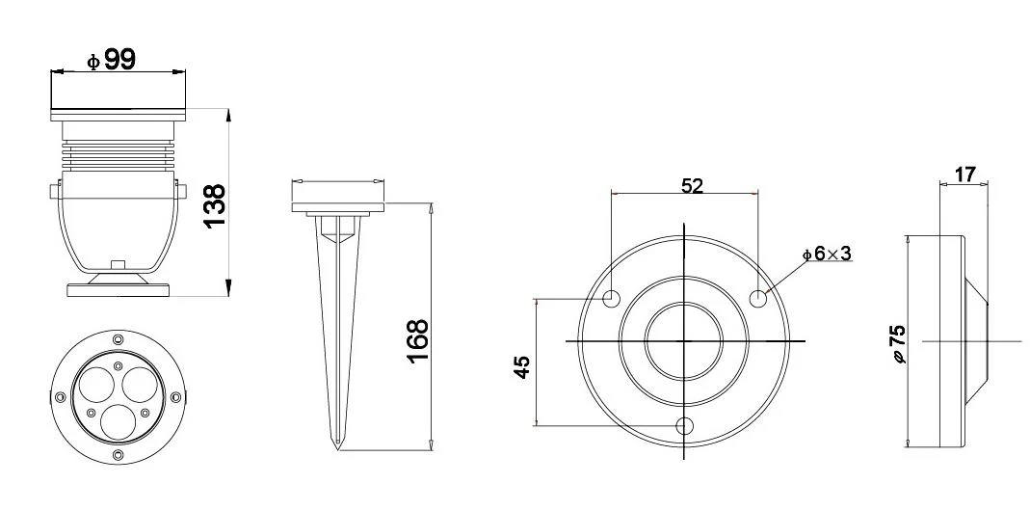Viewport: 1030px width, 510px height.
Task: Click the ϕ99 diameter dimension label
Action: tap(111, 61)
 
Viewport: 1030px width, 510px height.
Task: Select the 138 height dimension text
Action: tap(216, 205)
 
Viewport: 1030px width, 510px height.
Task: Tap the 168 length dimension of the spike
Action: tap(417, 340)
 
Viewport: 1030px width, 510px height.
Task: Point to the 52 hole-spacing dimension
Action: tap(692, 186)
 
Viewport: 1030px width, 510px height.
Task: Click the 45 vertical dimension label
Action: tap(521, 366)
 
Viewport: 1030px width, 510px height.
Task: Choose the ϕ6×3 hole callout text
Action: tap(827, 253)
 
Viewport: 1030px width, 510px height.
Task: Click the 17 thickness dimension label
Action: tap(964, 174)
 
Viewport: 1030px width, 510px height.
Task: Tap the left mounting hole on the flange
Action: tap(612, 298)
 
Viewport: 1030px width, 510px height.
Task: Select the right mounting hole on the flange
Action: tap(758, 298)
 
